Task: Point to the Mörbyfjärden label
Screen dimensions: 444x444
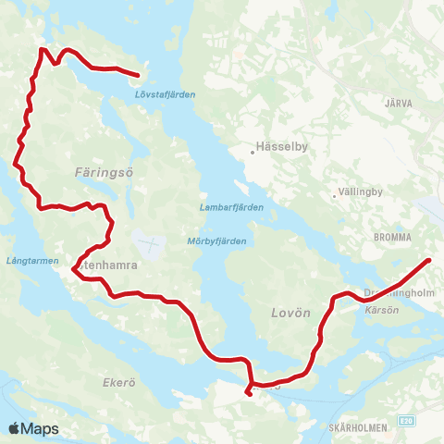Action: pos(216,240)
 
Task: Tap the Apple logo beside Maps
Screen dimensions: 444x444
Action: pos(14,428)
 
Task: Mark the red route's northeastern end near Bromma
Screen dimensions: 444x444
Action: pos(429,260)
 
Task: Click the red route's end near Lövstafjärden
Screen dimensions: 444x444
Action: pos(138,75)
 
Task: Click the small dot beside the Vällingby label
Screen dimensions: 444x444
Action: pos(335,195)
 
